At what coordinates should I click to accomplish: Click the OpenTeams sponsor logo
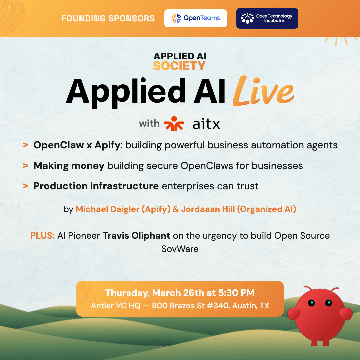pos(195,18)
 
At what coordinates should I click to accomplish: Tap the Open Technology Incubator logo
pos(267,18)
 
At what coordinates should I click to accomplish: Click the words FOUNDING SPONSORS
pos(108,18)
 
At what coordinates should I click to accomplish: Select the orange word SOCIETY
pos(179,66)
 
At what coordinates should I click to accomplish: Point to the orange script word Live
pos(263,92)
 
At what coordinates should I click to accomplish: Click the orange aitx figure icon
pos(174,124)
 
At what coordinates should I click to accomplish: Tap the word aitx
pos(206,124)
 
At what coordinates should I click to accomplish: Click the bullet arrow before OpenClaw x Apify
pos(25,145)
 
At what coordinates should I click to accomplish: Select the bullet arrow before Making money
pos(25,166)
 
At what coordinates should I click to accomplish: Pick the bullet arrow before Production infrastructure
pos(25,186)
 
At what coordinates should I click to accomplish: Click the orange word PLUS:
pos(42,236)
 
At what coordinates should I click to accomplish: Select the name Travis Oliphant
pos(136,236)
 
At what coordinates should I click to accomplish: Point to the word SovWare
pos(180,249)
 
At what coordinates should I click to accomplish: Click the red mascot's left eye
pos(311,303)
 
